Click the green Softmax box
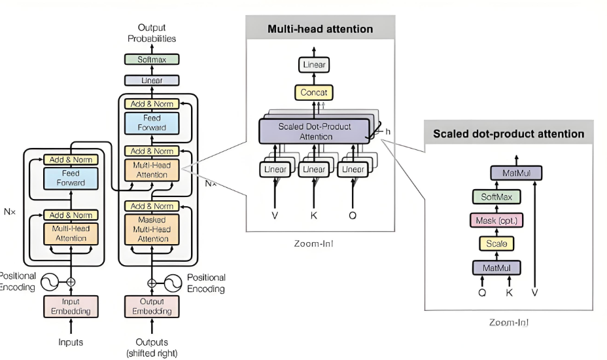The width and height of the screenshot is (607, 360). pyautogui.click(x=152, y=60)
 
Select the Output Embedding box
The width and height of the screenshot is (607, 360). pyautogui.click(x=152, y=306)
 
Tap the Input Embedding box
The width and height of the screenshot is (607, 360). pyautogui.click(x=71, y=306)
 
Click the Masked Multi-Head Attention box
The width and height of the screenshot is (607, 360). pyautogui.click(x=152, y=229)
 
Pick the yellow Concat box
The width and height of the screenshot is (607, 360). pyautogui.click(x=314, y=92)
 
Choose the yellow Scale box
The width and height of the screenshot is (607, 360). pyautogui.click(x=496, y=243)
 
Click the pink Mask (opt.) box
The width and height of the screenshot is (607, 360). pyautogui.click(x=496, y=221)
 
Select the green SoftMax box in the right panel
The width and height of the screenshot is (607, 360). pyautogui.click(x=496, y=197)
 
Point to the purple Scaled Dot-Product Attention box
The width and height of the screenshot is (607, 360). pyautogui.click(x=315, y=132)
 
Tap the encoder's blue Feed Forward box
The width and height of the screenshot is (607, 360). pyautogui.click(x=71, y=178)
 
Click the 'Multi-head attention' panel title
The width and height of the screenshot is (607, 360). pyautogui.click(x=320, y=29)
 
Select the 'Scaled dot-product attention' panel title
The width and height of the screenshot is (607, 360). pyautogui.click(x=509, y=134)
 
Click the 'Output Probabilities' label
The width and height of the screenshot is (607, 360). pyautogui.click(x=152, y=33)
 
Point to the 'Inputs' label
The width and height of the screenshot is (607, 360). pyautogui.click(x=71, y=342)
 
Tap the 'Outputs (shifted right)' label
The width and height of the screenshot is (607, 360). pyautogui.click(x=152, y=348)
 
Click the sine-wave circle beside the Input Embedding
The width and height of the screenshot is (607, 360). pyautogui.click(x=50, y=282)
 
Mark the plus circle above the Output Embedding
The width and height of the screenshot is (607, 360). pyautogui.click(x=152, y=283)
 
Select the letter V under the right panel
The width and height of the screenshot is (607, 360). pyautogui.click(x=534, y=293)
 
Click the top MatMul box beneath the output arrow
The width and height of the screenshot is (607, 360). pyautogui.click(x=517, y=173)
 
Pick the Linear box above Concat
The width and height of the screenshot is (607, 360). pyautogui.click(x=314, y=65)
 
